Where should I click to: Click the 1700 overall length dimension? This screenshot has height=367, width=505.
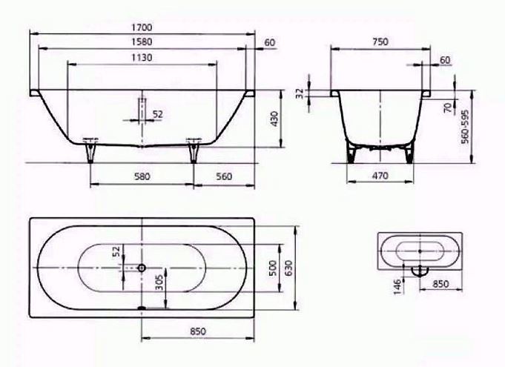click(x=142, y=27)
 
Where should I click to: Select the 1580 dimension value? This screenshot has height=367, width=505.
click(x=142, y=42)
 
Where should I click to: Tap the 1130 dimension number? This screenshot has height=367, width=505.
click(x=142, y=58)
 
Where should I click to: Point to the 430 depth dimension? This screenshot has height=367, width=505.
click(x=274, y=119)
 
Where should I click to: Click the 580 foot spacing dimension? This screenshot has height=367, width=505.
click(x=142, y=176)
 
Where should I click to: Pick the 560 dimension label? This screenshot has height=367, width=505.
click(x=224, y=176)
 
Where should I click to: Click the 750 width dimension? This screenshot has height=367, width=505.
click(x=380, y=42)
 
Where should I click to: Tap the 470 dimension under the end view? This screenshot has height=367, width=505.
click(x=380, y=176)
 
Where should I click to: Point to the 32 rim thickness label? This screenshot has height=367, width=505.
click(x=300, y=93)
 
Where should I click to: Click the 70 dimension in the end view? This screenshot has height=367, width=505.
click(x=449, y=108)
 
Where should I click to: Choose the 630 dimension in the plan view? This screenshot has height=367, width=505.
click(x=289, y=268)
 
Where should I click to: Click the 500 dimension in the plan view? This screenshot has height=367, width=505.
click(x=273, y=268)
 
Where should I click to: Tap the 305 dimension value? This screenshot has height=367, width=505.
click(x=159, y=282)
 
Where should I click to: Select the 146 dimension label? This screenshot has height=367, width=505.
click(x=397, y=286)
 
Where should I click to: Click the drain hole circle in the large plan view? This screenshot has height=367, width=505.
click(x=142, y=268)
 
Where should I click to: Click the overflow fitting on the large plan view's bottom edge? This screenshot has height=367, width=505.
click(x=142, y=308)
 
